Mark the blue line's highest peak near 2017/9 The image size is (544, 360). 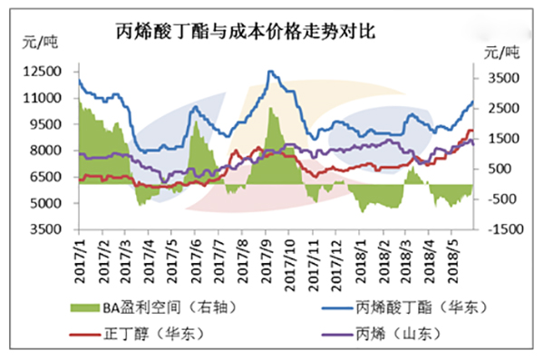tap(270, 72)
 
